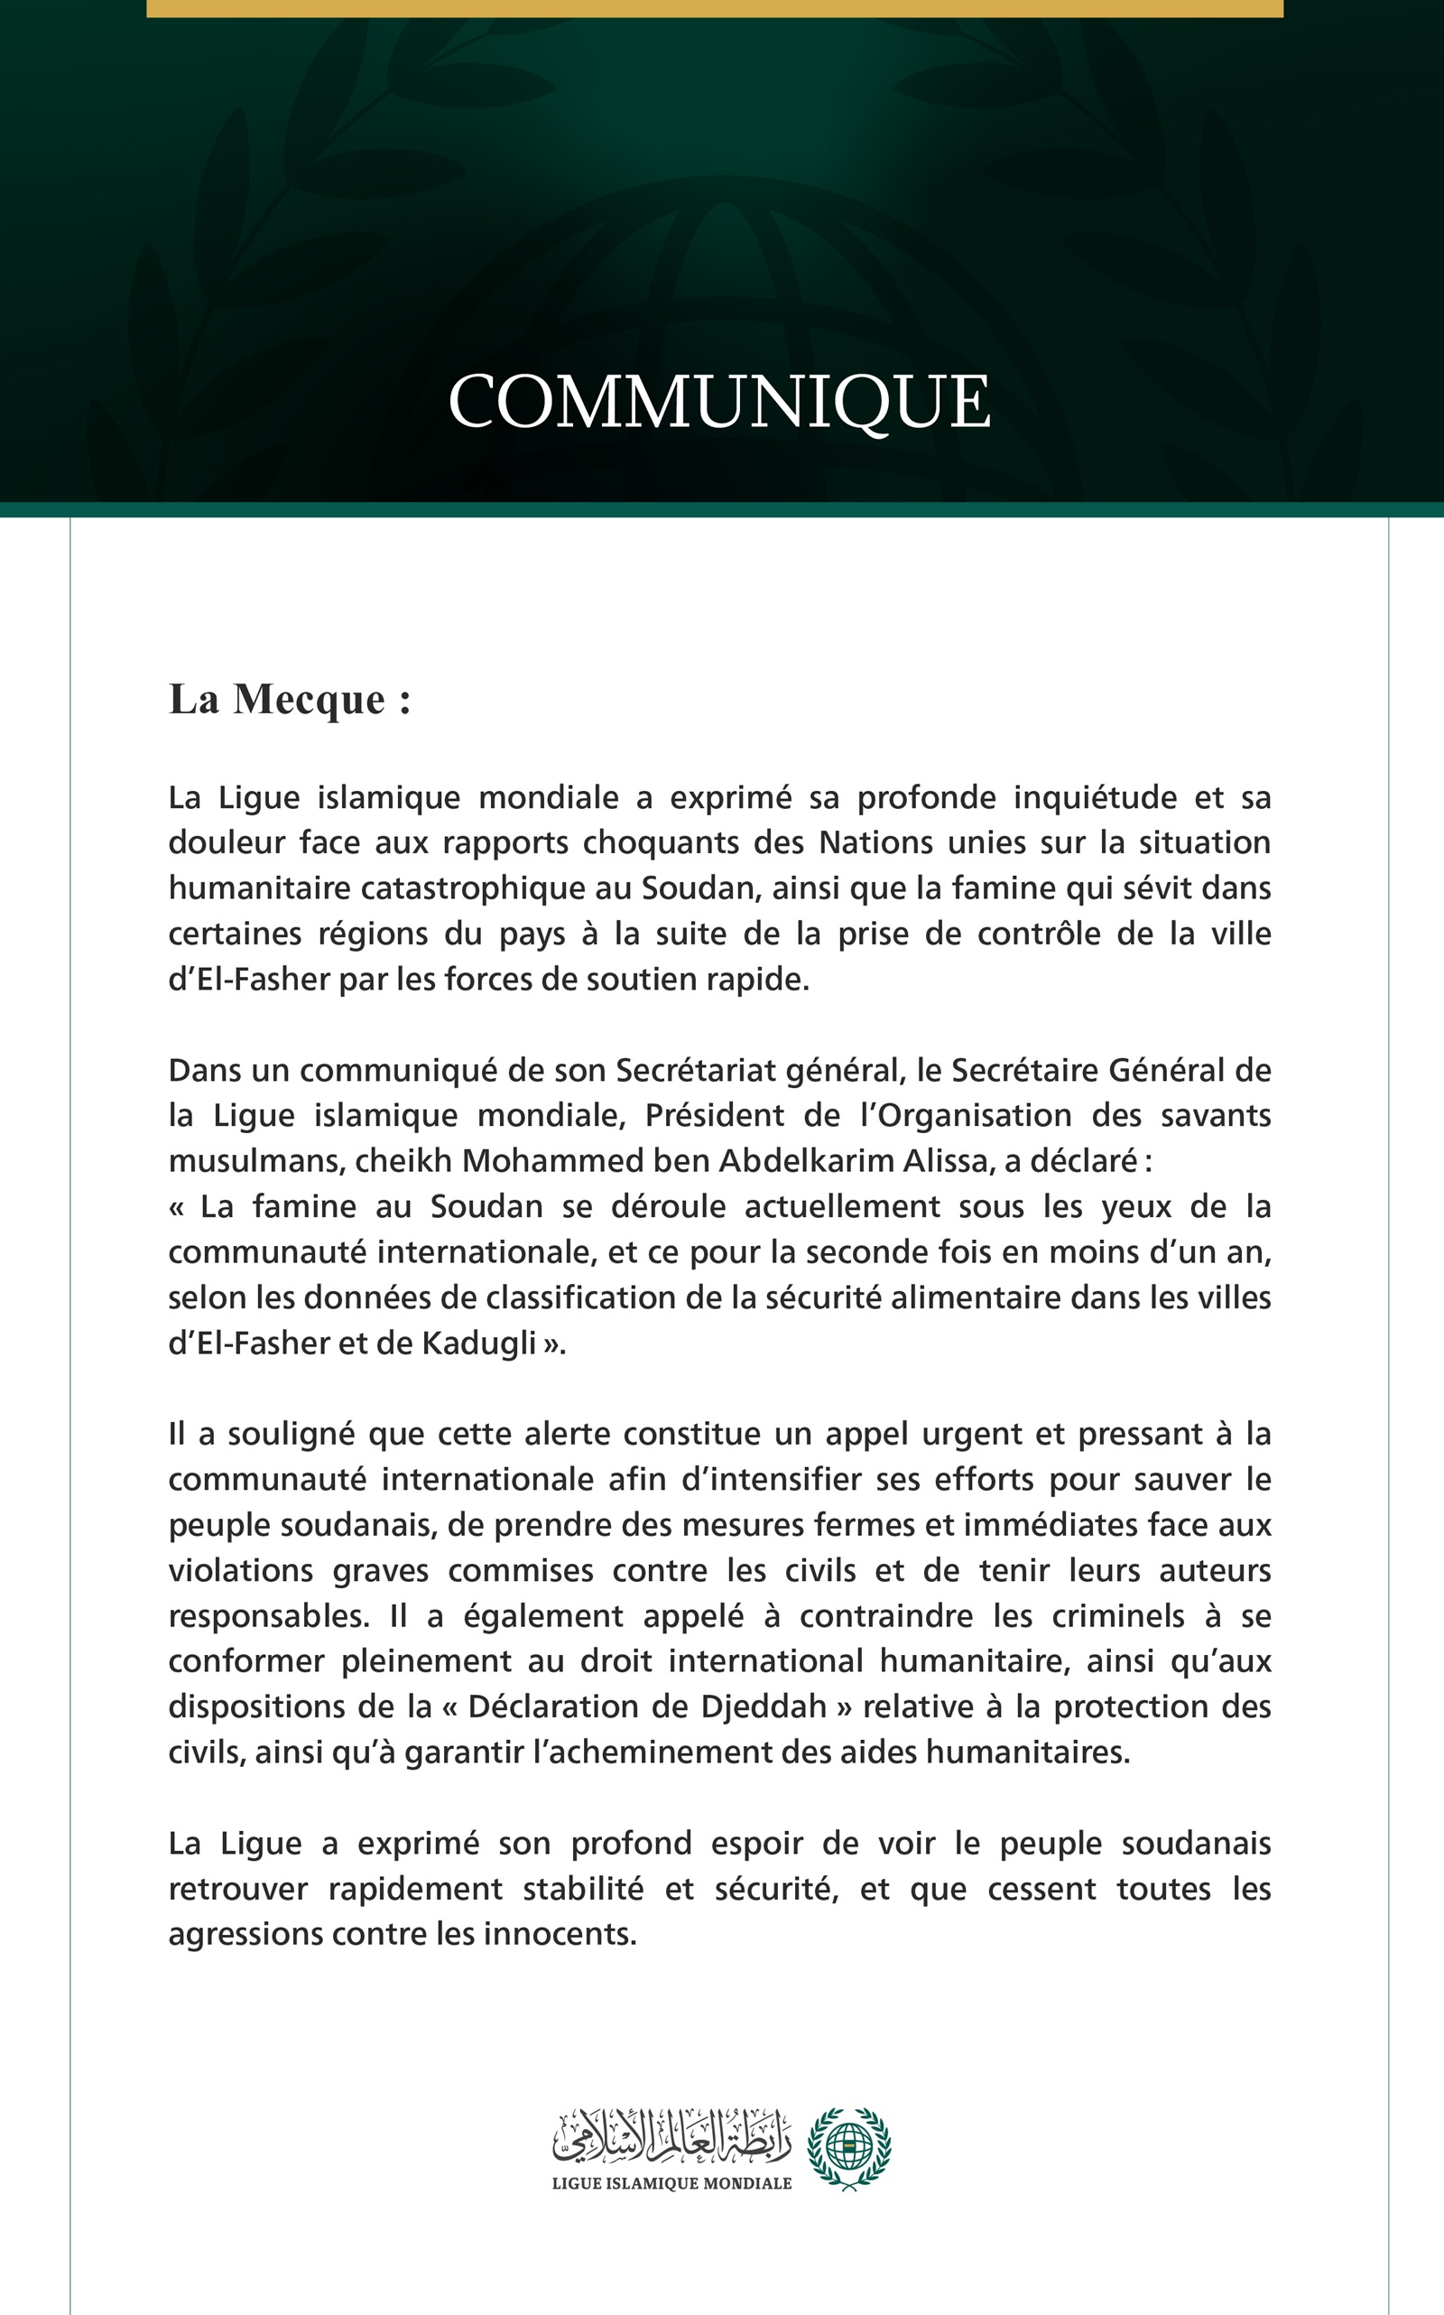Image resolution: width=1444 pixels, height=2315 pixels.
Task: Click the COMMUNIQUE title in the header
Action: [719, 401]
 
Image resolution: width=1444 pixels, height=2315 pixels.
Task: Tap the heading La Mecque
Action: [290, 700]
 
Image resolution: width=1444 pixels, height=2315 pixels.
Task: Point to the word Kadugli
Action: [478, 1343]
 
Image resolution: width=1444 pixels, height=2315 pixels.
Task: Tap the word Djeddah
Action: [764, 1706]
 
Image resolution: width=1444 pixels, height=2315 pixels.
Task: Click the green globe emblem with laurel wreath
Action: [848, 2148]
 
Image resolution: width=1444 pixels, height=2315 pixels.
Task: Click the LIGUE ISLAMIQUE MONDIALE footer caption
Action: [671, 2183]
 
